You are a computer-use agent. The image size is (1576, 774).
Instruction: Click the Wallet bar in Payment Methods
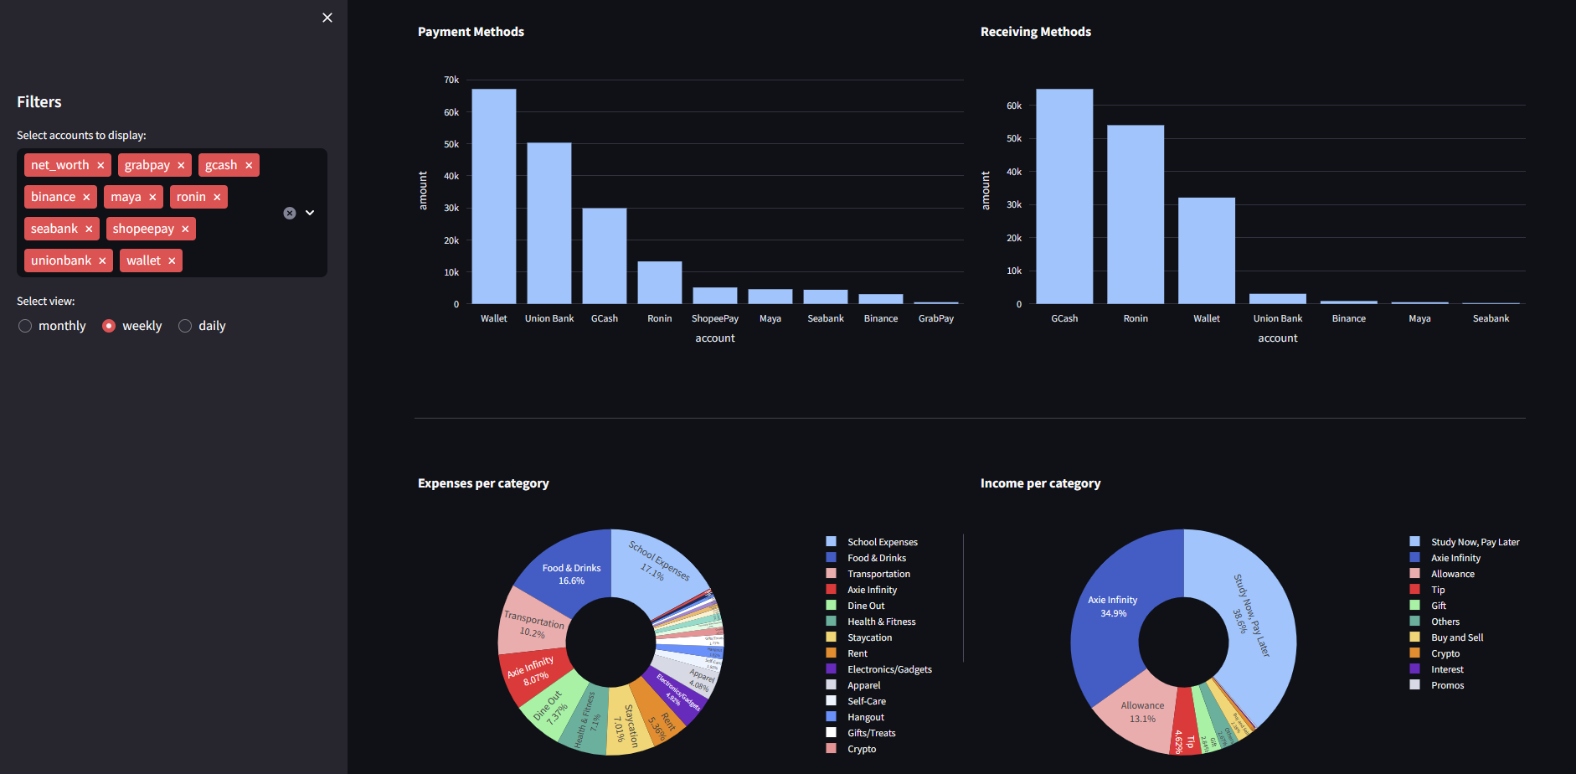(x=493, y=197)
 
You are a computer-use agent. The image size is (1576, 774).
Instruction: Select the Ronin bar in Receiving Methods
(x=1135, y=214)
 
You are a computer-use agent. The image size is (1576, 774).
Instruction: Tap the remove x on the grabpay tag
(x=181, y=166)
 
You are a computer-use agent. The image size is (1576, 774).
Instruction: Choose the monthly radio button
(x=25, y=326)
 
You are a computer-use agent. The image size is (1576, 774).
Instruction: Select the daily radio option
(x=185, y=326)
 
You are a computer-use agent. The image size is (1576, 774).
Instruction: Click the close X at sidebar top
(x=327, y=18)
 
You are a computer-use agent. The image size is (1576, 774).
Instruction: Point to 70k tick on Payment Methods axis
(x=451, y=80)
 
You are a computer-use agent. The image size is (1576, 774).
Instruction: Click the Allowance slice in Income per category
(x=1141, y=712)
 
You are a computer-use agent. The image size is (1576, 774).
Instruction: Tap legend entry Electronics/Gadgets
(x=889, y=669)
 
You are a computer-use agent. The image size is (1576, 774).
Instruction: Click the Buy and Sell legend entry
(x=1456, y=637)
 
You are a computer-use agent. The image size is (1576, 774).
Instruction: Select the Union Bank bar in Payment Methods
(x=549, y=223)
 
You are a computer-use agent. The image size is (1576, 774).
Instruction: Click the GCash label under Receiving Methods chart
(x=1064, y=318)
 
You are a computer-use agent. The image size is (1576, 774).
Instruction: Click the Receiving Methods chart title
(x=1035, y=32)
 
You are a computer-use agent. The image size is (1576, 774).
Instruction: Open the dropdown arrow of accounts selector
(x=310, y=213)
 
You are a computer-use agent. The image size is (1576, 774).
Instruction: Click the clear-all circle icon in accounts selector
(x=290, y=213)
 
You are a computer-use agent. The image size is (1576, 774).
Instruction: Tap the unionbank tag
(x=61, y=261)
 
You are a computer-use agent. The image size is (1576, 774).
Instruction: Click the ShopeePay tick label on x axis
(x=714, y=318)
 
